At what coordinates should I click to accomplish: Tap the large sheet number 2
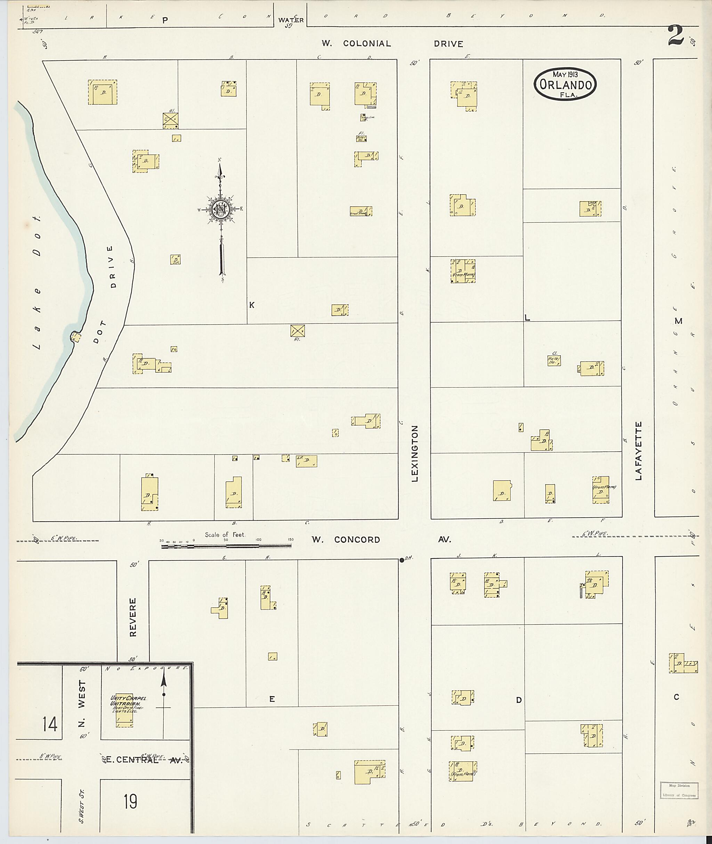tap(676, 35)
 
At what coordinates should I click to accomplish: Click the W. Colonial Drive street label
tap(392, 43)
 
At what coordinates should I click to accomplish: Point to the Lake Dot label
tap(37, 282)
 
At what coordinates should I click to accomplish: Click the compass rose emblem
tap(221, 208)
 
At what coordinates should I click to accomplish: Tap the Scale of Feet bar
tap(226, 546)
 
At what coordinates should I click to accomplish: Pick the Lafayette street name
tap(638, 450)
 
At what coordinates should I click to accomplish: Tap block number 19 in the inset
tap(130, 801)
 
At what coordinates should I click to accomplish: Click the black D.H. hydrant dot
tap(402, 560)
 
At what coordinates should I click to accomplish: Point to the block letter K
tap(251, 305)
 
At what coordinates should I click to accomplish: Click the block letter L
tap(527, 318)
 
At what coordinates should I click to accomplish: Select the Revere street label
tap(133, 617)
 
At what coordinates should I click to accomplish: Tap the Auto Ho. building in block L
tap(554, 360)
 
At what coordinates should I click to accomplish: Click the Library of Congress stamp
tap(679, 790)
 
